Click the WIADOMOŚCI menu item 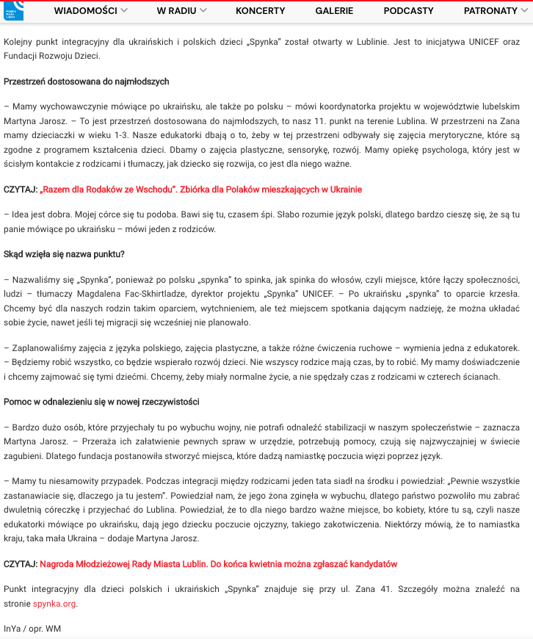86,11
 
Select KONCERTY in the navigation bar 260,11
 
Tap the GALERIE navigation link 334,11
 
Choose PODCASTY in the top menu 408,11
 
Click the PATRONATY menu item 490,11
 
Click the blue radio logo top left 13,10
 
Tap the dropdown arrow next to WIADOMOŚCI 124,11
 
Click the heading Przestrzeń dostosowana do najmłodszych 87,82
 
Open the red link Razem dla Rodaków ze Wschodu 200,189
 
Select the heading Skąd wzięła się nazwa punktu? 64,254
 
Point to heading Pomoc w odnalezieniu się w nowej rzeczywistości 101,402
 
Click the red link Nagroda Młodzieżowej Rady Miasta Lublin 218,564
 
